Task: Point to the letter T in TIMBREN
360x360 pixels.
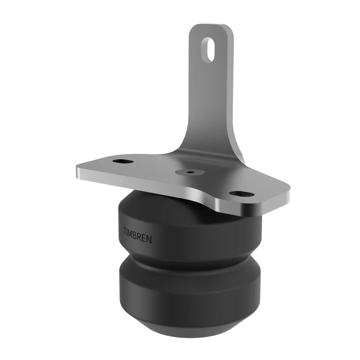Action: click(125, 230)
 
